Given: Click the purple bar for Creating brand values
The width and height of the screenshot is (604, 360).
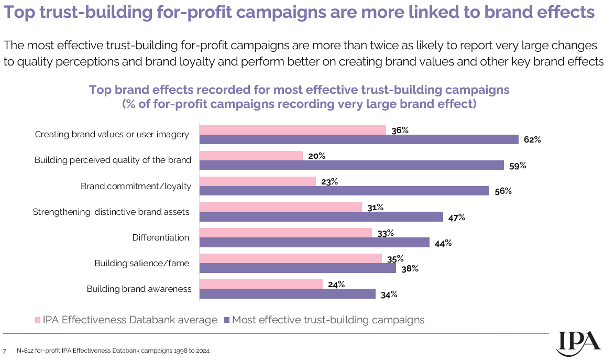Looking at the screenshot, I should [359, 139].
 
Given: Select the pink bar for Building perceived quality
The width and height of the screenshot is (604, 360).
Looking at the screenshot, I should [251, 156].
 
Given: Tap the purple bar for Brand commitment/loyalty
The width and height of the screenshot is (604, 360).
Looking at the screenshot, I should [344, 191].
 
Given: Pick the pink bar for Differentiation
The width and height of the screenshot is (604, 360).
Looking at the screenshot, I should [285, 233].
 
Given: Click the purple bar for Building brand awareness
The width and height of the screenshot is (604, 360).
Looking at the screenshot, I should [288, 294].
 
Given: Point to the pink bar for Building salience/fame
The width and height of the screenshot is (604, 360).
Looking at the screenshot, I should [291, 258].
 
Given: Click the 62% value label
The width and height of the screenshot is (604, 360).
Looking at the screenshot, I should [532, 140].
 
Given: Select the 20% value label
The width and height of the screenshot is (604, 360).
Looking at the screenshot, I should [317, 156].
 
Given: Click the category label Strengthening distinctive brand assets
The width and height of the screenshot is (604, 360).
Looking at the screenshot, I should [111, 212].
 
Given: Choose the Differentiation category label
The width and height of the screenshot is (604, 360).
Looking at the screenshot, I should [161, 237].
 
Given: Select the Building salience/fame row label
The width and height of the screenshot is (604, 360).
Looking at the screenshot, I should [141, 263].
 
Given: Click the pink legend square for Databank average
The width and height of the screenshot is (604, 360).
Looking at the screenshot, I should [37, 320].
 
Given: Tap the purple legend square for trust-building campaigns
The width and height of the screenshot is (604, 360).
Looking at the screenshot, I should [226, 320].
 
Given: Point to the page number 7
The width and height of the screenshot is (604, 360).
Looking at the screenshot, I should [5, 351].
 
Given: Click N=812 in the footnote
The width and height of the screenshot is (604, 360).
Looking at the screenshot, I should [26, 351].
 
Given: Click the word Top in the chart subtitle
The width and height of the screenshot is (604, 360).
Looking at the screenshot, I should [100, 90].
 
